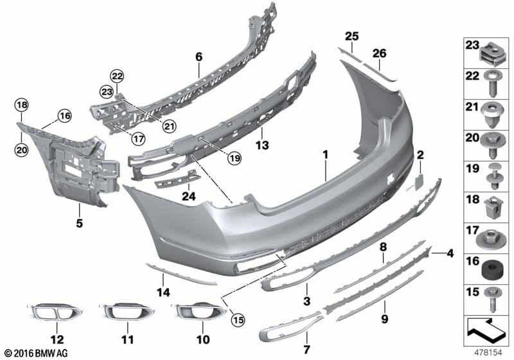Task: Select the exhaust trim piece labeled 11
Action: (127, 313)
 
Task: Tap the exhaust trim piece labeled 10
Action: (197, 313)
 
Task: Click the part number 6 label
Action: (199, 57)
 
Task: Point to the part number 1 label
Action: (326, 154)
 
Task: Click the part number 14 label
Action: (164, 292)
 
